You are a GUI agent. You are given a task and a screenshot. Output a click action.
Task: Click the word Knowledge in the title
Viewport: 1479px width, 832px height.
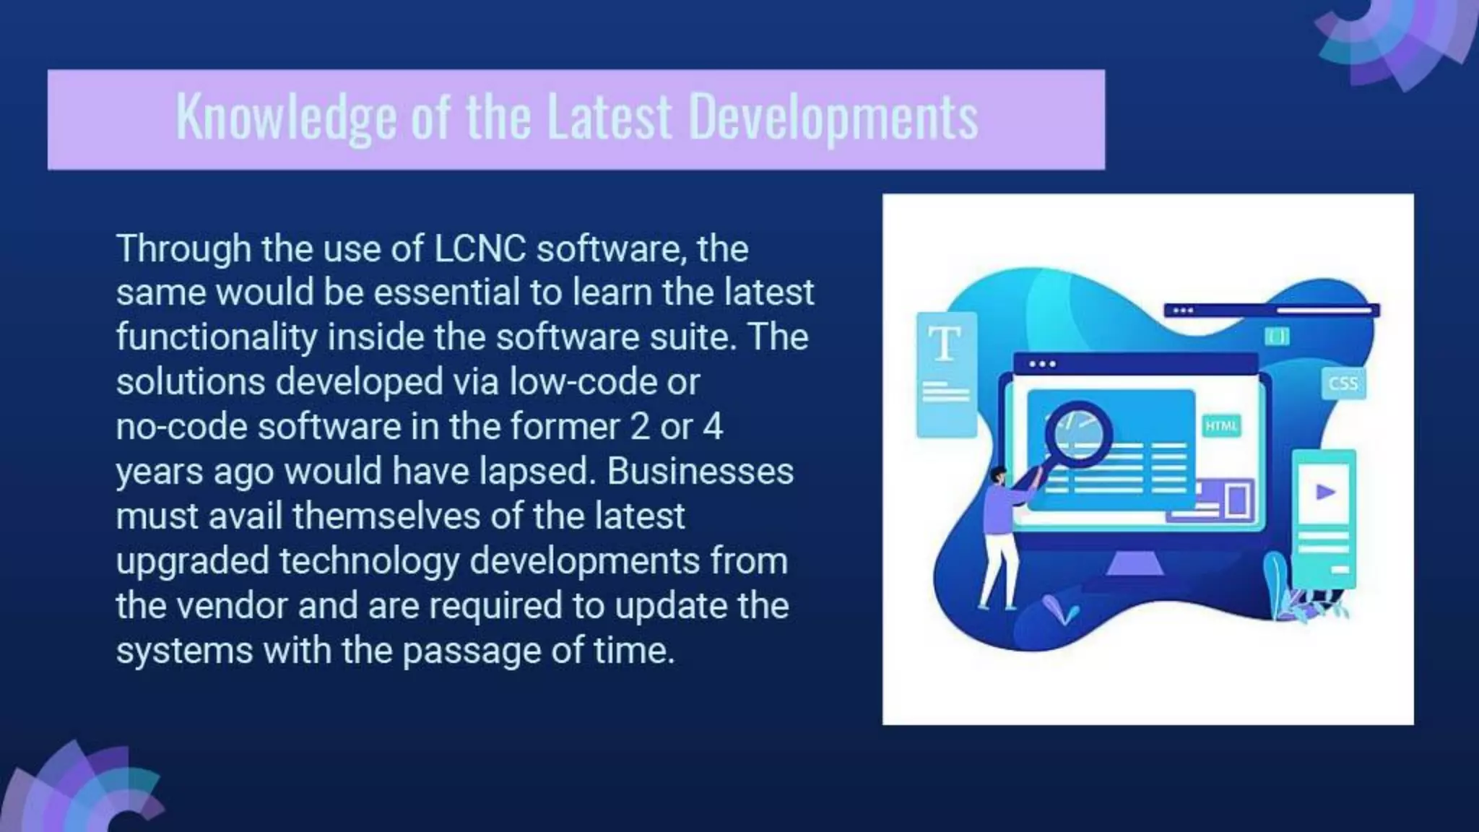pyautogui.click(x=286, y=118)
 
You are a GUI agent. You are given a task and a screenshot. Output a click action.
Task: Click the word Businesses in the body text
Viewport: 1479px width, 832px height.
pyautogui.click(x=700, y=472)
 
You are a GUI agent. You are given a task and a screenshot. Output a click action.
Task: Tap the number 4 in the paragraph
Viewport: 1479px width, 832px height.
pyautogui.click(x=712, y=427)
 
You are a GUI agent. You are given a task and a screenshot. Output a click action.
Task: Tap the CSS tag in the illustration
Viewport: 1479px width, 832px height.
pyautogui.click(x=1343, y=383)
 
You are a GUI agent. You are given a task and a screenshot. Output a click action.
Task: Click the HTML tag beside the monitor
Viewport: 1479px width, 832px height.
pyautogui.click(x=1221, y=426)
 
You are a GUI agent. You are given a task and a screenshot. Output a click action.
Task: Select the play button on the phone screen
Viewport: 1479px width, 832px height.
pyautogui.click(x=1324, y=493)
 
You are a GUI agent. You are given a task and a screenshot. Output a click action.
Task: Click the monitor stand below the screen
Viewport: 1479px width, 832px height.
pyautogui.click(x=1135, y=563)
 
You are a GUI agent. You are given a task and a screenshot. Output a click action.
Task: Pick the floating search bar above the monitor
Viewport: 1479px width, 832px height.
pyautogui.click(x=1271, y=311)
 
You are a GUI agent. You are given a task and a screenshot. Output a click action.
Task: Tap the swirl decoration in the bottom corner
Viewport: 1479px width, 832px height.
pyautogui.click(x=79, y=794)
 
